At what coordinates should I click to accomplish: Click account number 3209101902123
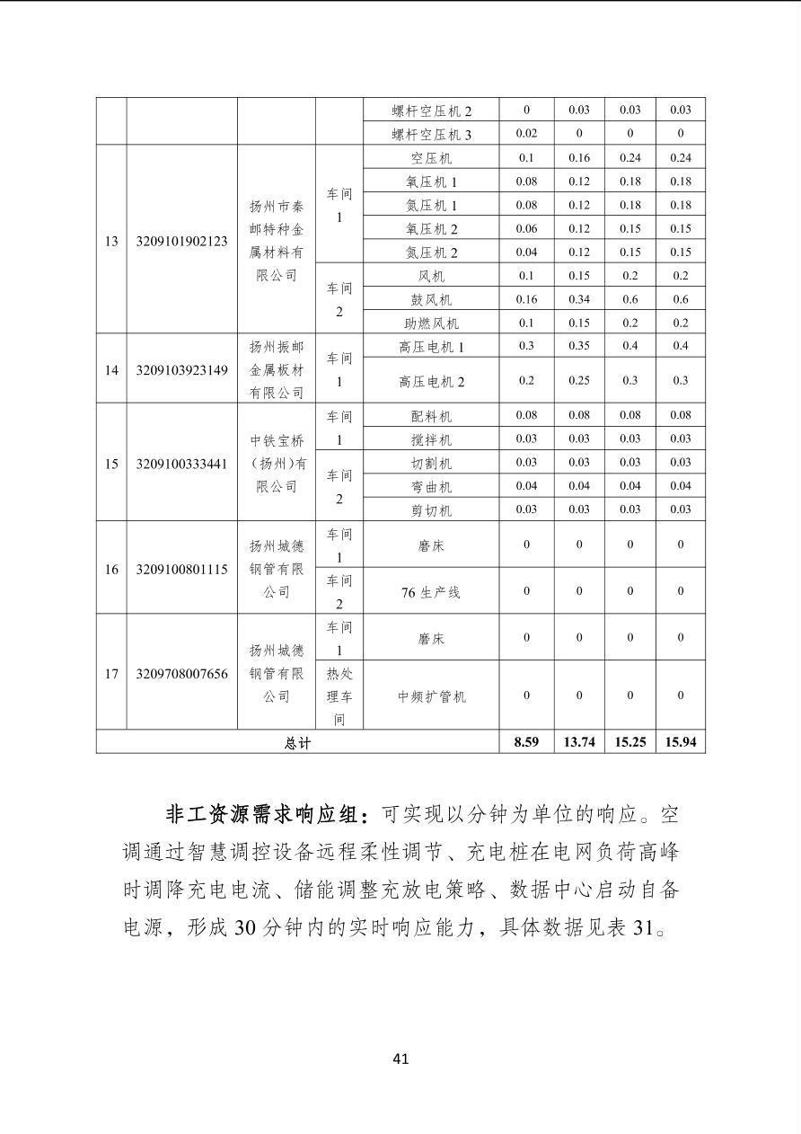(181, 241)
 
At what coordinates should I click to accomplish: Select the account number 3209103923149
(181, 369)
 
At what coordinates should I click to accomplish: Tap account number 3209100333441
(181, 464)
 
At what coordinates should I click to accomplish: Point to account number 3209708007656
(181, 673)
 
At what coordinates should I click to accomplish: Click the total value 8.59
(526, 742)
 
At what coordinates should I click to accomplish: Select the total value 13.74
(579, 742)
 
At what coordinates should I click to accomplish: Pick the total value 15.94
(681, 742)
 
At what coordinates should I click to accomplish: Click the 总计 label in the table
(297, 743)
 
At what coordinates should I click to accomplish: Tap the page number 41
(400, 1059)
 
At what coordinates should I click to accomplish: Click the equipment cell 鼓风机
(431, 300)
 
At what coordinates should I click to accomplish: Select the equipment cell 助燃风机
(431, 323)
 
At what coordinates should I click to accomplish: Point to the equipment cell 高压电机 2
(431, 382)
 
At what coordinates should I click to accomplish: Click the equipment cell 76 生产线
(431, 592)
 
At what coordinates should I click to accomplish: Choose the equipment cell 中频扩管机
(431, 696)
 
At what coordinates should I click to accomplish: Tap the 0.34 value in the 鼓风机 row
(579, 299)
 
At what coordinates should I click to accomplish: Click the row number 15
(111, 464)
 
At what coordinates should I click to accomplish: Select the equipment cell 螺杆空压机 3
(431, 135)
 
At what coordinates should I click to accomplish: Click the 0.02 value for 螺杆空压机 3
(526, 133)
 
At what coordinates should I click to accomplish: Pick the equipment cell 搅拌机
(431, 440)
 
